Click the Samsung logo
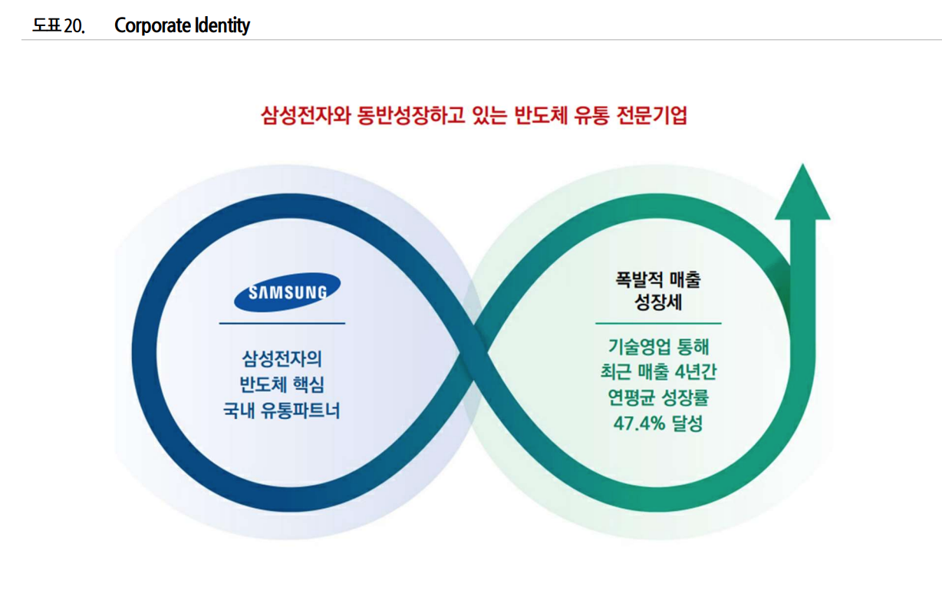pos(287,292)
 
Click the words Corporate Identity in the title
pos(182,25)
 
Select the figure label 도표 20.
pos(58,26)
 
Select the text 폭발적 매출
pos(658,280)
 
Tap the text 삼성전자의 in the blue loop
pos(282,358)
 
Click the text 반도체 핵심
pos(282,384)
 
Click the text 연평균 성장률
pos(658,397)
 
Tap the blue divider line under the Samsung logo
pos(282,323)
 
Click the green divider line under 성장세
pos(658,323)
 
